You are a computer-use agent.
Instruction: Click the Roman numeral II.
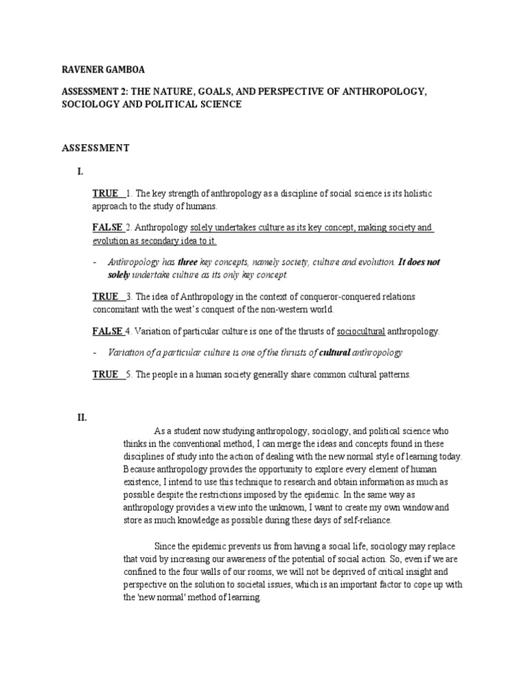point(82,417)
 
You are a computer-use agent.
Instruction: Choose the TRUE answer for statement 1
point(106,193)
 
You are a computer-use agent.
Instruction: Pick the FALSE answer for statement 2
point(107,227)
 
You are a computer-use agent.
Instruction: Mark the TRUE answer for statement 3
point(106,296)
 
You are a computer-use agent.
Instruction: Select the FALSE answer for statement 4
point(107,332)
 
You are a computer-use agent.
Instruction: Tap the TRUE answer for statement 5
point(106,375)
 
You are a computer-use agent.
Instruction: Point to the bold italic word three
point(187,262)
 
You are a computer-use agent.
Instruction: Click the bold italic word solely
point(118,274)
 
